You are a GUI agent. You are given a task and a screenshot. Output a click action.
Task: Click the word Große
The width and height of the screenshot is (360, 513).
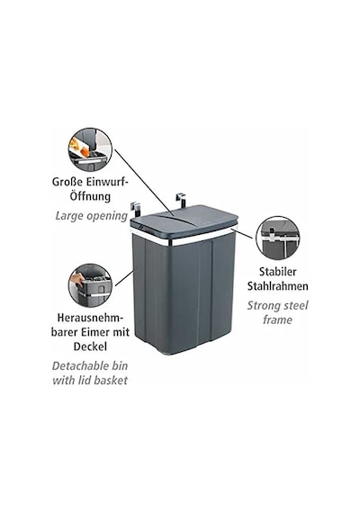coord(67,182)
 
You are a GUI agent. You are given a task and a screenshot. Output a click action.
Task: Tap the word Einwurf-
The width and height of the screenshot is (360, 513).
coord(107,182)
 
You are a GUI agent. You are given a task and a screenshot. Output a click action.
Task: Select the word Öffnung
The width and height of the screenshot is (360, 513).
coord(90,196)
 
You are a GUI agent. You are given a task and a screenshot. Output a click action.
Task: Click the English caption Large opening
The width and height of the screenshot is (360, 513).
coord(91,216)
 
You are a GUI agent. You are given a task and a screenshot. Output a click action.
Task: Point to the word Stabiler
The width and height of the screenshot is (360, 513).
coord(278,272)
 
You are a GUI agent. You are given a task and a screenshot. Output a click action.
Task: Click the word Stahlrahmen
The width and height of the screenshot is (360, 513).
coord(278,286)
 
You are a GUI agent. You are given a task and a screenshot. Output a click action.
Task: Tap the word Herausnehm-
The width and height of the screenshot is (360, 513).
coord(90,318)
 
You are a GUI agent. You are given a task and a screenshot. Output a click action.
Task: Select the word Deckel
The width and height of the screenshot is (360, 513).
coord(90,346)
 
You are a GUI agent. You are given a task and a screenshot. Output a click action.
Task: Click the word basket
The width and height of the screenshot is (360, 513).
coord(111,380)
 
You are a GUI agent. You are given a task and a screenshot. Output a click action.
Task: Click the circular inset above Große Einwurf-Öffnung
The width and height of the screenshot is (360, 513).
coord(90,150)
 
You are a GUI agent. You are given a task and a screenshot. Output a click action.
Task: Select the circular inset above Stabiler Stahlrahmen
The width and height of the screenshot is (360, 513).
coord(278,238)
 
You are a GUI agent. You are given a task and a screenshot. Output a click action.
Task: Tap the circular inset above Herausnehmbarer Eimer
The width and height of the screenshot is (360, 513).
coord(90,286)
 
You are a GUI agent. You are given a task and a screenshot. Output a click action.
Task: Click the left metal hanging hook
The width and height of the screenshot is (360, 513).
coord(134,210)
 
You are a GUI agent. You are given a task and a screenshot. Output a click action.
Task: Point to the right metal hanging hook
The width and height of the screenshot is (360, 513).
coord(181,200)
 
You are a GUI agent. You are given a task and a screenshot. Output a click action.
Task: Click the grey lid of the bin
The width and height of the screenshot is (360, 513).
coord(184,220)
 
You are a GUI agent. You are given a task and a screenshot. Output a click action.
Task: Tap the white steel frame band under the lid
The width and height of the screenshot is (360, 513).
coord(184,237)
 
